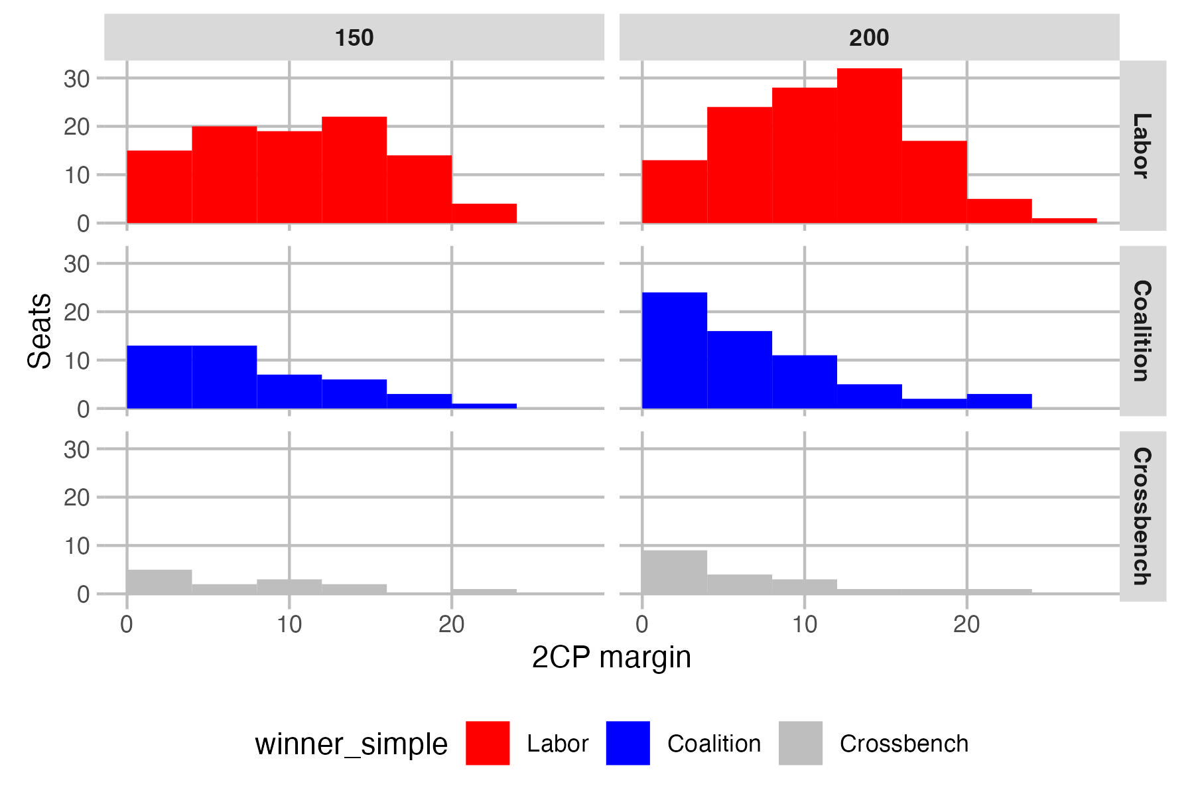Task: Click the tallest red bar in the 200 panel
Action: [869, 146]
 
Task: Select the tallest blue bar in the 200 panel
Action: [674, 350]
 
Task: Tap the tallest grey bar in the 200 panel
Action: [674, 572]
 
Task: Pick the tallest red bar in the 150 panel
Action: [354, 170]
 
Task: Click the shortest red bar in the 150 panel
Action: [484, 214]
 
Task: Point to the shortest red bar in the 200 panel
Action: [1064, 221]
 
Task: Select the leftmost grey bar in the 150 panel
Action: [159, 582]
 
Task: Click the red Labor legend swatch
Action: [488, 743]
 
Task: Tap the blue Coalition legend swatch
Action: [628, 743]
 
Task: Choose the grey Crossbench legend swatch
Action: [800, 743]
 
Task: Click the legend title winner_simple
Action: [351, 744]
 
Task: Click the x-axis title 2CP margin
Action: [611, 657]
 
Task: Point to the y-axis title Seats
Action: [40, 330]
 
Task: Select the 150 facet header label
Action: [354, 38]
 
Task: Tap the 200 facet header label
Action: [869, 38]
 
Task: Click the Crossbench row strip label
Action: [1142, 516]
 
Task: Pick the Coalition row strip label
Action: [1142, 330]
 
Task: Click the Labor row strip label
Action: [1142, 145]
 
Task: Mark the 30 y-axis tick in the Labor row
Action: [76, 79]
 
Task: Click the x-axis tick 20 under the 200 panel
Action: [966, 624]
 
